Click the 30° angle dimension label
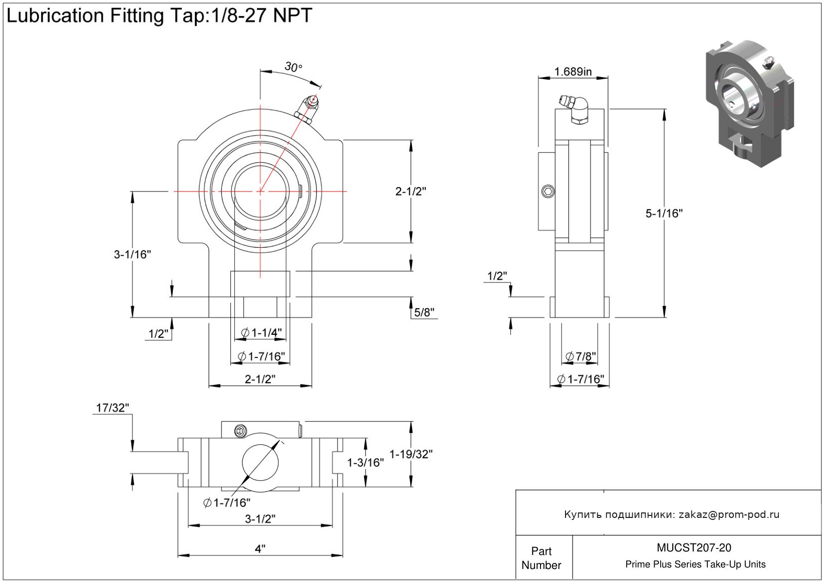[x=293, y=67]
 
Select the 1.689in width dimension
[x=573, y=72]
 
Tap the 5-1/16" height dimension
[x=664, y=214]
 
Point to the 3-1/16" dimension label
[x=132, y=254]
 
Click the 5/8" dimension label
[x=424, y=313]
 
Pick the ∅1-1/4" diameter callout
[x=261, y=333]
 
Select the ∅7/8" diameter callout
[x=581, y=356]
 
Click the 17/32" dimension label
[x=112, y=408]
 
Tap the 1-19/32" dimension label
[x=411, y=454]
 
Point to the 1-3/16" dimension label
[x=366, y=462]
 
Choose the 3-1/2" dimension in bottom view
[x=260, y=519]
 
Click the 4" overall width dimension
[x=260, y=549]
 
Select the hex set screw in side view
[x=548, y=191]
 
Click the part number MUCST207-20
[x=694, y=548]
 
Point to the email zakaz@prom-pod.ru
[x=729, y=514]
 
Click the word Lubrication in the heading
[x=55, y=16]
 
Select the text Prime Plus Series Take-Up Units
[x=695, y=564]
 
